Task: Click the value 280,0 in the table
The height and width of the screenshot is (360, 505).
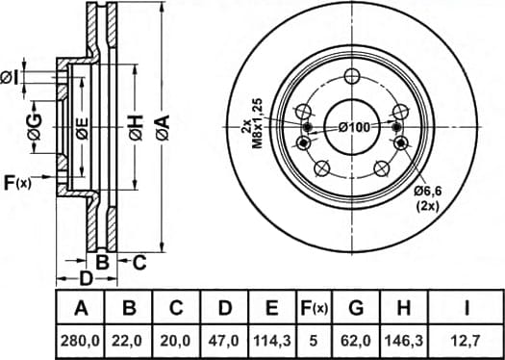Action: pos(81,341)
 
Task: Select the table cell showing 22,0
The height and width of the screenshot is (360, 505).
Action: pos(129,341)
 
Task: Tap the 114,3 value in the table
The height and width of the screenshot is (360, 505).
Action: pos(272,341)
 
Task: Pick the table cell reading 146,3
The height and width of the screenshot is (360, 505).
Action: pos(405,341)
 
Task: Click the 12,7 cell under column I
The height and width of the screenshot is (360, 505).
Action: pos(466,341)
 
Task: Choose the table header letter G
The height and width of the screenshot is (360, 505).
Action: pos(356,309)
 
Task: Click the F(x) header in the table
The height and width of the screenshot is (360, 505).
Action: pos(314,309)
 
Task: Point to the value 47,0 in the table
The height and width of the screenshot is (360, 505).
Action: pos(224,341)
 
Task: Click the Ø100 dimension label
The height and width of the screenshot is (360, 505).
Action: pos(354,128)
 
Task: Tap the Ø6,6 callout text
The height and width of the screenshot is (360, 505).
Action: pos(428,192)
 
